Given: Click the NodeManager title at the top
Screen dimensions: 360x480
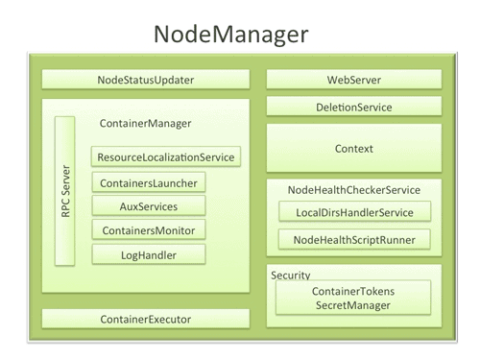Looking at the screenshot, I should (230, 35).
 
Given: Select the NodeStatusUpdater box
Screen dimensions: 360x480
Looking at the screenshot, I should (146, 80).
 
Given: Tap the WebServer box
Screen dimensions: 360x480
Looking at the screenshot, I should (353, 80).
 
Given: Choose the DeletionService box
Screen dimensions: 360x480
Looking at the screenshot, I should (353, 108).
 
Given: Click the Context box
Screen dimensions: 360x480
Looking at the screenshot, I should (353, 149).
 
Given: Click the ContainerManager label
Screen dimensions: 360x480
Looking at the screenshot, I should (146, 123).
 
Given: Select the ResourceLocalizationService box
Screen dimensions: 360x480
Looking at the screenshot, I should (165, 156).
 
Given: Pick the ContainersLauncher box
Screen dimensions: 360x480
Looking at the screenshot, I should (149, 182).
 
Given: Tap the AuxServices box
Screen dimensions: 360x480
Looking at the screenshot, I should (149, 206).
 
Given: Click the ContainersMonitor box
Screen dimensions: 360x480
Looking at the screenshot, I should (149, 230).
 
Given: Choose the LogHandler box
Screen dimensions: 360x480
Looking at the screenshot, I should (149, 254).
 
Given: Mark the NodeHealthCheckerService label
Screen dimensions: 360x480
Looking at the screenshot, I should (353, 190).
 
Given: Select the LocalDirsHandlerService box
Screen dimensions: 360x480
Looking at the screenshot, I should (353, 212).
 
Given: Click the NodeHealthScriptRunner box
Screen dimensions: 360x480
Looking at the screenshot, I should (353, 239).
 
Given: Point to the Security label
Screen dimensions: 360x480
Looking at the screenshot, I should (290, 275).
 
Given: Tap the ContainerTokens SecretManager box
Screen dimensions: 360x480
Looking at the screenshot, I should (353, 298).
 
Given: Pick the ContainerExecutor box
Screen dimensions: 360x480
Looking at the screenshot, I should (146, 319).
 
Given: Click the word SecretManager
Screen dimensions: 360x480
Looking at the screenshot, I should (353, 305).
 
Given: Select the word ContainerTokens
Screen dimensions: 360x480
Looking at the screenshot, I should (353, 290).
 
